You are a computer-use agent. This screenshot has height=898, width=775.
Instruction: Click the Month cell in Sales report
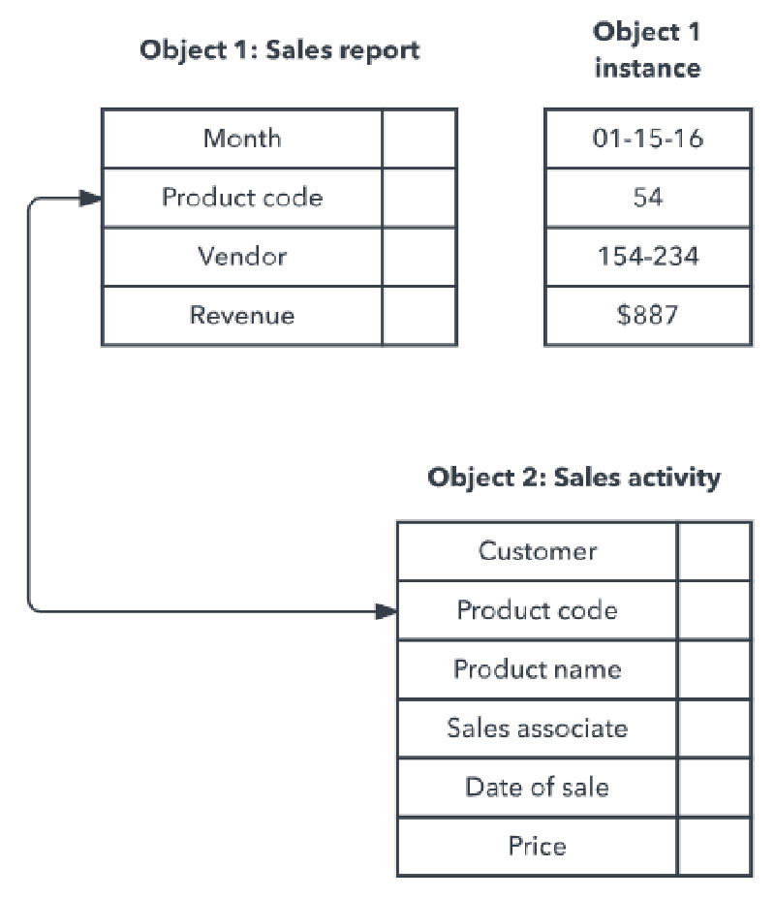(x=242, y=139)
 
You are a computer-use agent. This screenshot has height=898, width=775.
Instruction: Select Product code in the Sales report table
(x=242, y=198)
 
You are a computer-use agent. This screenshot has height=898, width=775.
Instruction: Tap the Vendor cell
(x=242, y=257)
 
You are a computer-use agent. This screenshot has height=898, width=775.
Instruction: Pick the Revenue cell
(x=242, y=315)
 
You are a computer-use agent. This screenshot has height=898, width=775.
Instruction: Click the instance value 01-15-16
(x=647, y=139)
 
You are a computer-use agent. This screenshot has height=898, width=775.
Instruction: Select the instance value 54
(x=647, y=198)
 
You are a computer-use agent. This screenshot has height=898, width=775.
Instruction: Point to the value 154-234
(x=647, y=257)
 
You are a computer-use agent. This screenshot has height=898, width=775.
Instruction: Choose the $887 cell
(x=647, y=315)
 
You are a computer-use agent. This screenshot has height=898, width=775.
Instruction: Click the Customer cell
(x=538, y=551)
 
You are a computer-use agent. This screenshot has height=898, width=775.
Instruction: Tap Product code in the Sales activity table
(x=538, y=610)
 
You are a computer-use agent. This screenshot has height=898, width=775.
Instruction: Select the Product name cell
(x=538, y=669)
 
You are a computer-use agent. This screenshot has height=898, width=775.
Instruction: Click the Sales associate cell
(x=538, y=728)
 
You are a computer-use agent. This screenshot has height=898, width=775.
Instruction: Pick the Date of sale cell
(x=538, y=787)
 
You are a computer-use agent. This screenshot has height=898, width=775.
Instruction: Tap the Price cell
(x=538, y=846)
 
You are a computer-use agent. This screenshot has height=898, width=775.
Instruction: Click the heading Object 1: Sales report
(x=280, y=50)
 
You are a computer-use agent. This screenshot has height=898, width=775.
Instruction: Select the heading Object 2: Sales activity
(x=574, y=478)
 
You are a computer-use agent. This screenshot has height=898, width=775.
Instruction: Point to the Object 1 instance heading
(x=646, y=50)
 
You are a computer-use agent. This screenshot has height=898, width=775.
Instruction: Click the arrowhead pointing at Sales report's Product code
(x=91, y=199)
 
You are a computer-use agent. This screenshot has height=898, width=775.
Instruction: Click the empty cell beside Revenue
(x=418, y=315)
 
